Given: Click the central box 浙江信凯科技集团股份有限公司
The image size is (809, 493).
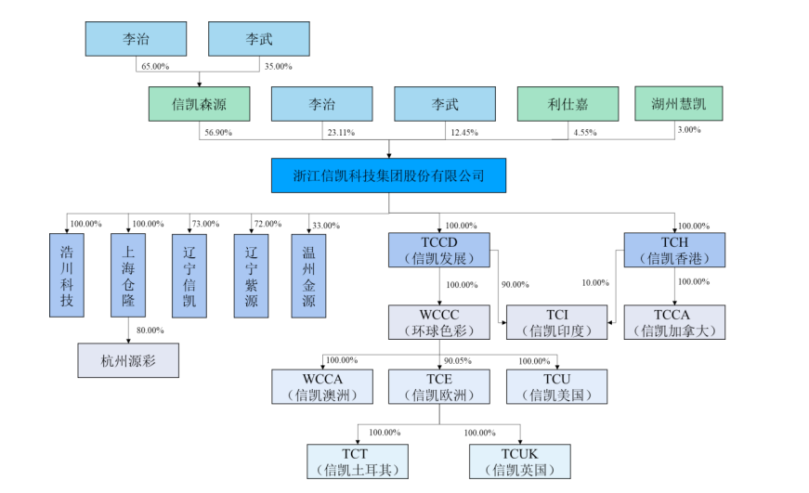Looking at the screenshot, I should pos(388,175).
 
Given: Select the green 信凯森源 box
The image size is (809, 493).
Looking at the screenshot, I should pos(199,104).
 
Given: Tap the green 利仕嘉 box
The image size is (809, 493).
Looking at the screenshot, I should pos(567,104).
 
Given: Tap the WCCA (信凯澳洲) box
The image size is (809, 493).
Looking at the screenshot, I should pos(321,386).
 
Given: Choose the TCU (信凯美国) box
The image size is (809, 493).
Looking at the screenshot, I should pos(556,386).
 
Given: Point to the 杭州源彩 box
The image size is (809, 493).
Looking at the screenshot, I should pos(127,359).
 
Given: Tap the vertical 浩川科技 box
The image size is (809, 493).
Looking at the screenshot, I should pos(66,276).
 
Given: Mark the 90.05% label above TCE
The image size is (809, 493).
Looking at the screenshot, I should pos(457,360).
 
